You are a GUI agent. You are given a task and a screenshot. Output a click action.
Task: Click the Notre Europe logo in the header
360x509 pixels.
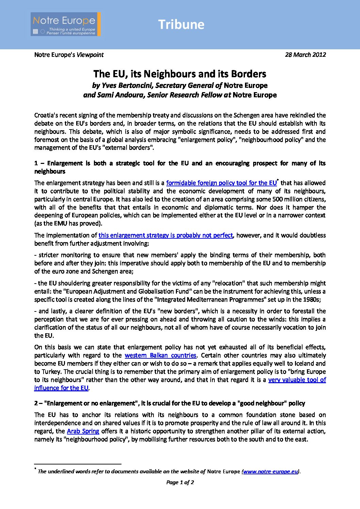coord(65,24)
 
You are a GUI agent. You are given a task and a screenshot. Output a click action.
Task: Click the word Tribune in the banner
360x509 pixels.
coord(181,24)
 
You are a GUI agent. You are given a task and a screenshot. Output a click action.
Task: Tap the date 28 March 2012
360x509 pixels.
coord(305,55)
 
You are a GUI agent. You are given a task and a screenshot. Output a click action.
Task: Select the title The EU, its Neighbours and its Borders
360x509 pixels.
coord(180,74)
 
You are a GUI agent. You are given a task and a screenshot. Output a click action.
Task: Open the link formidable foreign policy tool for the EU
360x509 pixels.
coord(221,183)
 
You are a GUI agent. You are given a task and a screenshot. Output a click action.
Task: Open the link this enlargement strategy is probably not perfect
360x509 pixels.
coord(166,235)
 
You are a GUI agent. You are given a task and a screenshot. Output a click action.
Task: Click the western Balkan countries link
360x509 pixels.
coord(160,355)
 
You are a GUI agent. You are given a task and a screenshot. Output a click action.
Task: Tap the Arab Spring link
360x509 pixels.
coord(83,431)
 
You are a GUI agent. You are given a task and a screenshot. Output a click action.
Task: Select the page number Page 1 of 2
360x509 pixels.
coord(180,482)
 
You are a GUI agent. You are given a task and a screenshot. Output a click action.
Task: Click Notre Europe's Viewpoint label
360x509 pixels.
coord(69,55)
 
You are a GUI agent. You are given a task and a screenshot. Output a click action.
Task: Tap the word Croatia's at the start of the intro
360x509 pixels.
coord(46,115)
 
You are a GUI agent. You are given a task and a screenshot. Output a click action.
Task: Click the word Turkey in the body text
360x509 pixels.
coord(51,372)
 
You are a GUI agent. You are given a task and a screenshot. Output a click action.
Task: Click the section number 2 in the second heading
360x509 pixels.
coord(36,403)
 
